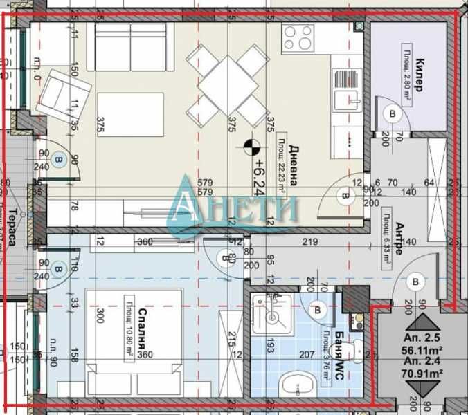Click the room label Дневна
294,165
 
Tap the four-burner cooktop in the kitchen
298,37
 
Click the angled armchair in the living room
65,93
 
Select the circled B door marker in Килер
394,113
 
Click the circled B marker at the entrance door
415,282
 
